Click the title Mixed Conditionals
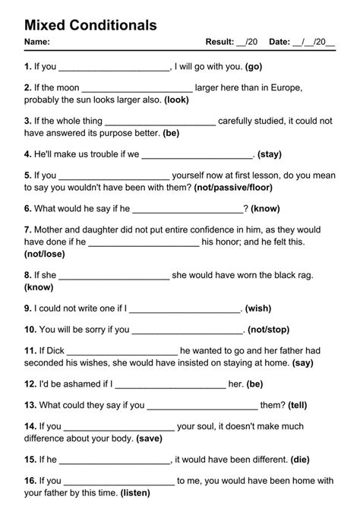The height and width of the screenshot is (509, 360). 91,25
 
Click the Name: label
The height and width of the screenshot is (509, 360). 37,42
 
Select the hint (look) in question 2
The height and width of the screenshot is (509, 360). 176,100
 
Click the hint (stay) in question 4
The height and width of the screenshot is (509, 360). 270,154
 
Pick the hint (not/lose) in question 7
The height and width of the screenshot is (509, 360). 44,253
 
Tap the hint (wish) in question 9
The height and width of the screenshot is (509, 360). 257,308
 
